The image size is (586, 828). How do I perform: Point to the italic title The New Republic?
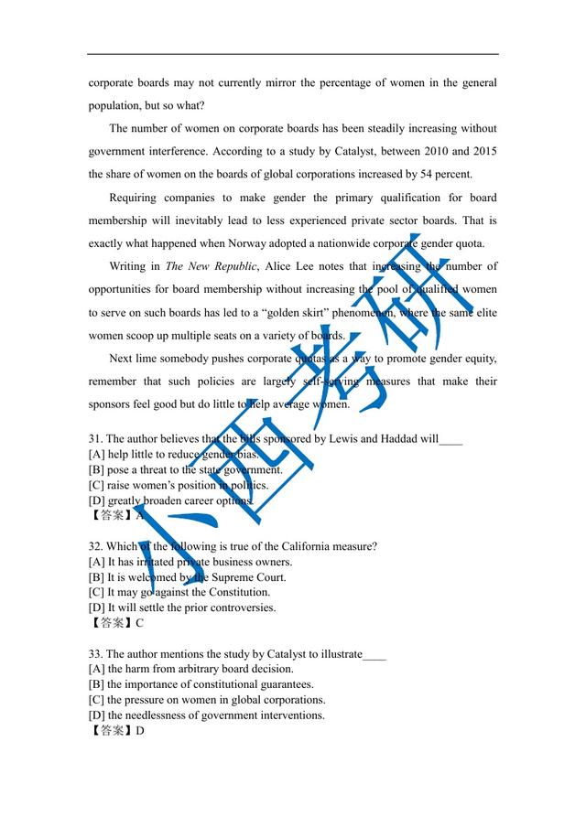coord(212,266)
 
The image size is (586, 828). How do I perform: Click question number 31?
coord(95,439)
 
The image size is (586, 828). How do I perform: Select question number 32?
coord(95,547)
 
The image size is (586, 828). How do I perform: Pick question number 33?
coord(95,654)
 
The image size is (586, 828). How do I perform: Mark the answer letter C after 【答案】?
coord(139,624)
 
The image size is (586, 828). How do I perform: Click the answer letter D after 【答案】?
coord(139,731)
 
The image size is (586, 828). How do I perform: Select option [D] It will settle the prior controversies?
coord(182,608)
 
